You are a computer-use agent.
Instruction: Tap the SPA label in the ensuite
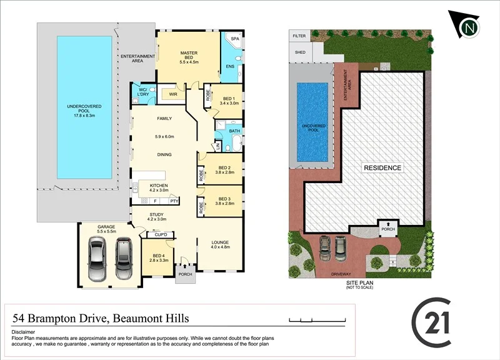(235, 39)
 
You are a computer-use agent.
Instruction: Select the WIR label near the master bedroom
(172, 95)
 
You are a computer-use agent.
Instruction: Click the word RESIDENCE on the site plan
(383, 168)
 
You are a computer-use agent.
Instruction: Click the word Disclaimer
(23, 332)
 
